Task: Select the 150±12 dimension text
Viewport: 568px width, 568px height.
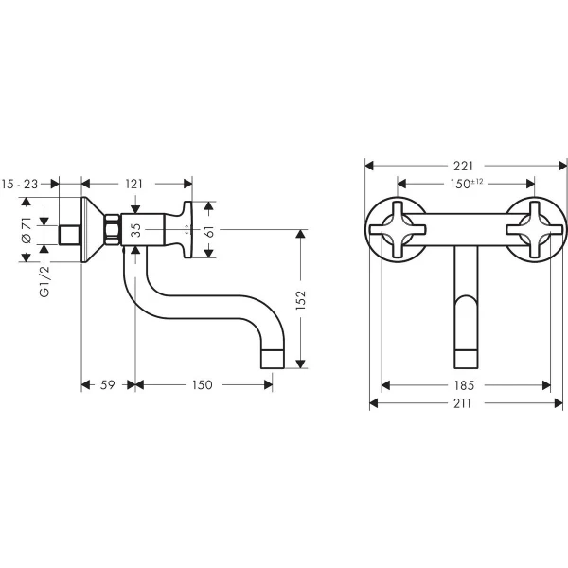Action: [466, 183]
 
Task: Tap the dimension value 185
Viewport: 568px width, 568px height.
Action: [466, 385]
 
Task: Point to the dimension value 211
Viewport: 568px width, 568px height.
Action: [466, 403]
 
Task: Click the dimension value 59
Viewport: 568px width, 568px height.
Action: [108, 385]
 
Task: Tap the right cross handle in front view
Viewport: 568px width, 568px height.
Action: [530, 227]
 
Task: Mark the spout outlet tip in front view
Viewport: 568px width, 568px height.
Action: [465, 357]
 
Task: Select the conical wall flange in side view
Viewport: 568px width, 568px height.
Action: [93, 229]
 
